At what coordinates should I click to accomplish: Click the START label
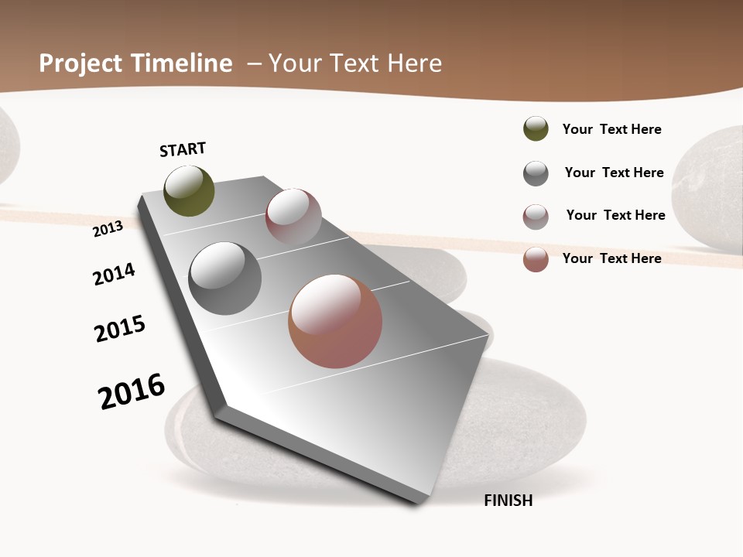click(x=183, y=149)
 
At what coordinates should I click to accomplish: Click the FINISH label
click(x=508, y=501)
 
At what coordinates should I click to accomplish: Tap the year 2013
click(x=108, y=228)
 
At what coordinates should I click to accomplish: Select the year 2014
click(x=114, y=274)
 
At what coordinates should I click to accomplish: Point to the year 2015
click(x=120, y=329)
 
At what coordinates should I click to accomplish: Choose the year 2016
click(x=132, y=391)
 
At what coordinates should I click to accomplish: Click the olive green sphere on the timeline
click(x=189, y=190)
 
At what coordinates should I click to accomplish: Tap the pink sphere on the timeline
click(x=293, y=217)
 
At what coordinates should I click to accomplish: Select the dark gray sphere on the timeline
click(x=224, y=278)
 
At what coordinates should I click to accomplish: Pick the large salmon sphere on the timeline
click(x=335, y=321)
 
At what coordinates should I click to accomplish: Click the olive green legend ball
click(x=536, y=128)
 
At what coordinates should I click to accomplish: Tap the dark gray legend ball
click(x=536, y=173)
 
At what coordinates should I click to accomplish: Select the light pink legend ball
click(x=536, y=217)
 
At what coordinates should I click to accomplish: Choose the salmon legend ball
click(x=536, y=259)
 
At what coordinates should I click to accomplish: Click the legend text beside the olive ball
click(x=611, y=129)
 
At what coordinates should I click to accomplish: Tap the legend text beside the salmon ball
click(x=611, y=258)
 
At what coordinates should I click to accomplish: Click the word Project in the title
click(x=80, y=63)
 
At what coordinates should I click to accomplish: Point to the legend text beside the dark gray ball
click(x=614, y=173)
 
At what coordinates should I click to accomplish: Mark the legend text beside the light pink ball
click(x=615, y=215)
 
